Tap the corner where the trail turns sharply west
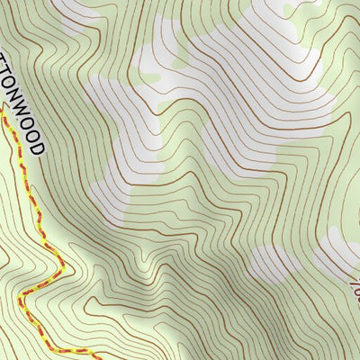58,274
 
